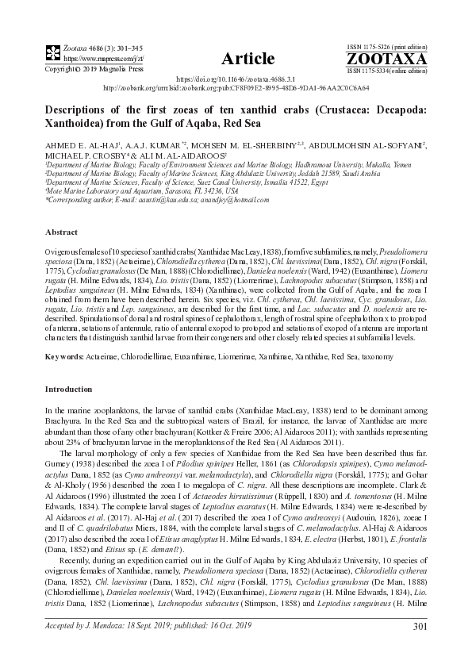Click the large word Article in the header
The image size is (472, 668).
point(248,59)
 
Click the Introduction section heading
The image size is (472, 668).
point(69,390)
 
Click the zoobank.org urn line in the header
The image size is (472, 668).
point(236,89)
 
